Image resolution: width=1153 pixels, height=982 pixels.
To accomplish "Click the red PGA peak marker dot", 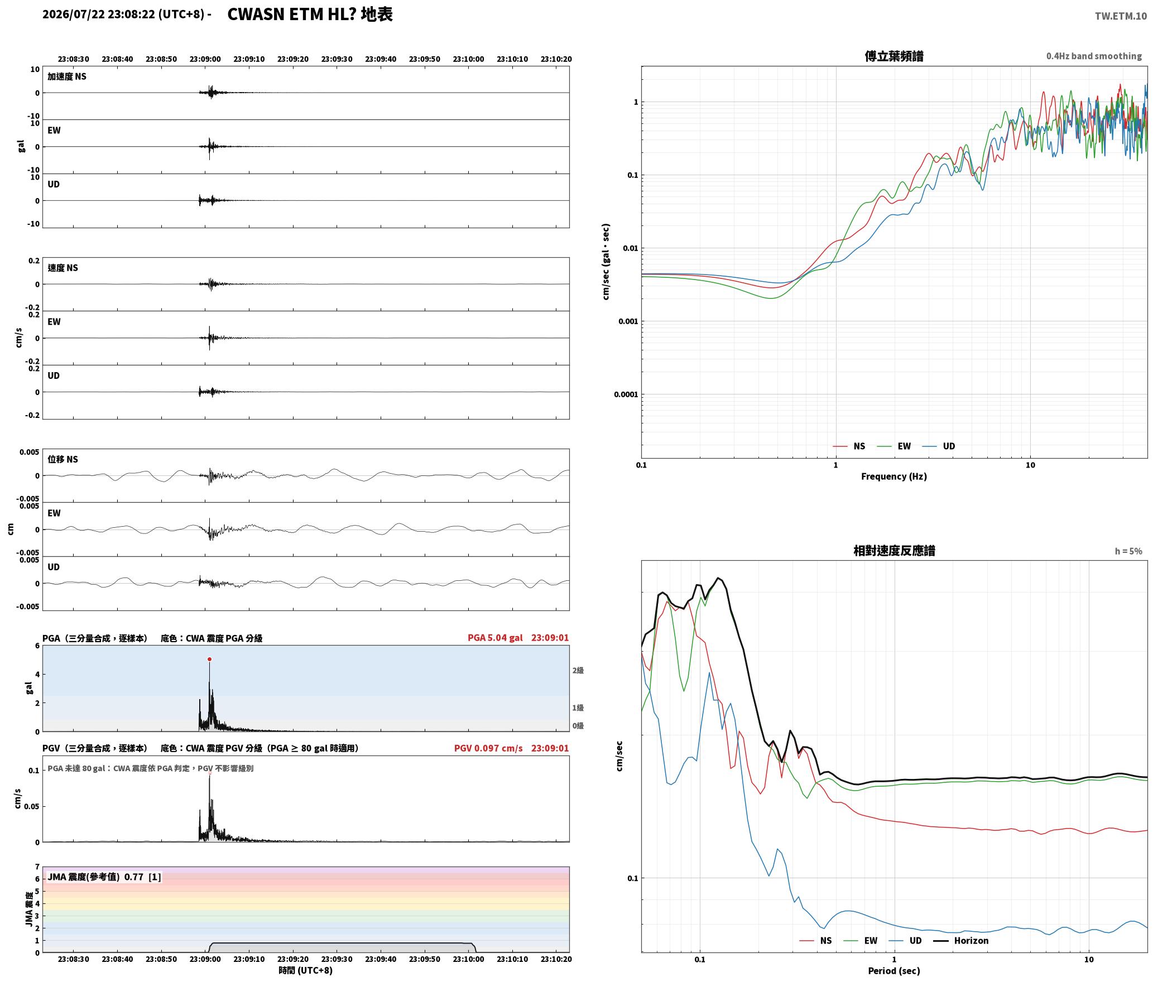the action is (x=209, y=659).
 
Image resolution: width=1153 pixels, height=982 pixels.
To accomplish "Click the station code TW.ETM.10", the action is (x=1121, y=16).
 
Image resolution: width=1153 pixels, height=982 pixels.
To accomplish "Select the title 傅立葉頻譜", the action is (x=893, y=56).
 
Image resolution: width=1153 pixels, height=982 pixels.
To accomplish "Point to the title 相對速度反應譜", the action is (x=893, y=550).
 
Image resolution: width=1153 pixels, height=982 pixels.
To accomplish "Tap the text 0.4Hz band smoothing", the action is (x=1094, y=56).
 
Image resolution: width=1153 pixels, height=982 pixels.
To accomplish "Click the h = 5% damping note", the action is (x=1128, y=551).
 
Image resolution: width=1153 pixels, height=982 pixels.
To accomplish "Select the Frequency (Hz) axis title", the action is (x=893, y=476).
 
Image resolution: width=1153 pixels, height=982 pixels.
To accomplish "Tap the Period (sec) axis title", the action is (x=893, y=970).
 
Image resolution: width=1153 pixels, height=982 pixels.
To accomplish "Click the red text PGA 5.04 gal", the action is (x=495, y=637).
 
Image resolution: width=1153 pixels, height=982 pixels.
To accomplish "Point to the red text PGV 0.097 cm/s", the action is (x=488, y=748).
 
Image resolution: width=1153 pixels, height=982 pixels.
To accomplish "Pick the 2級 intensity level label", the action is (x=578, y=670).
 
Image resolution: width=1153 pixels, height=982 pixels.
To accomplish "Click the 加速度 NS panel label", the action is (x=67, y=76).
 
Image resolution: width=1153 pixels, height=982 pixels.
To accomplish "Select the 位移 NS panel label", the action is (x=63, y=459).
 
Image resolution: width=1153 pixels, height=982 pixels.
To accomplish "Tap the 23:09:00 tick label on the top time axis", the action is (x=205, y=59).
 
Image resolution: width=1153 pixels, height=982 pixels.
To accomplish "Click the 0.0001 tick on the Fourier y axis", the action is (x=626, y=394).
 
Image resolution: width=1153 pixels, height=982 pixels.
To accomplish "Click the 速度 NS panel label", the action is (x=63, y=268).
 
